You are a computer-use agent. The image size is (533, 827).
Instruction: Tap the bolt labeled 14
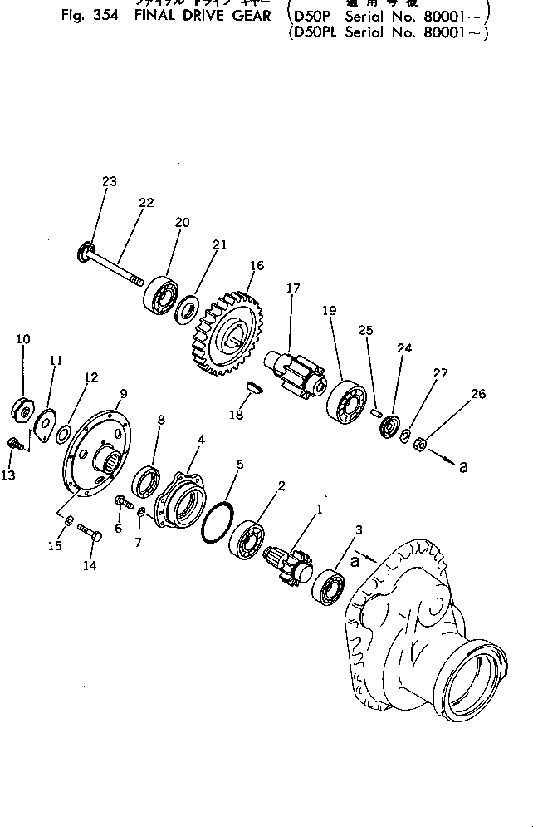[x=89, y=531]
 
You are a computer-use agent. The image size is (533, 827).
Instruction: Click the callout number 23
[x=110, y=182]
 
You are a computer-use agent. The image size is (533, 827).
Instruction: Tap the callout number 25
[x=366, y=331]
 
